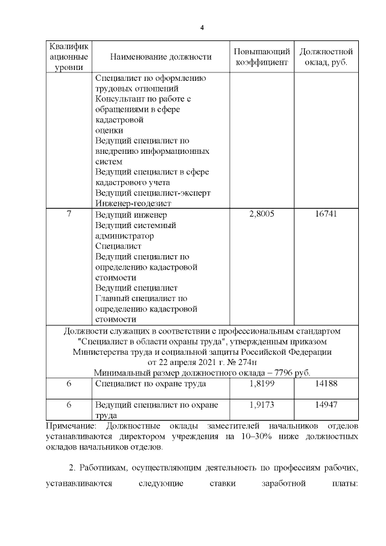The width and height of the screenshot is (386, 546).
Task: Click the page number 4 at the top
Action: (202, 28)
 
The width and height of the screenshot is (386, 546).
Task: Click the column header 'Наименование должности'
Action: (161, 57)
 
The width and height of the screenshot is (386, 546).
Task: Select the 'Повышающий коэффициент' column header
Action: (262, 57)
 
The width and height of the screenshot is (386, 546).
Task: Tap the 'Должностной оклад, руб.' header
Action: (326, 57)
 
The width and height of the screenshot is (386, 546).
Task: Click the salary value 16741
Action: (326, 214)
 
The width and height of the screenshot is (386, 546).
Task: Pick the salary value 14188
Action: (326, 383)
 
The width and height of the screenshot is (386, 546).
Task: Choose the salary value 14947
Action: (326, 404)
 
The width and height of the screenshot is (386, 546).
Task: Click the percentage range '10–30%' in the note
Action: (248, 437)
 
